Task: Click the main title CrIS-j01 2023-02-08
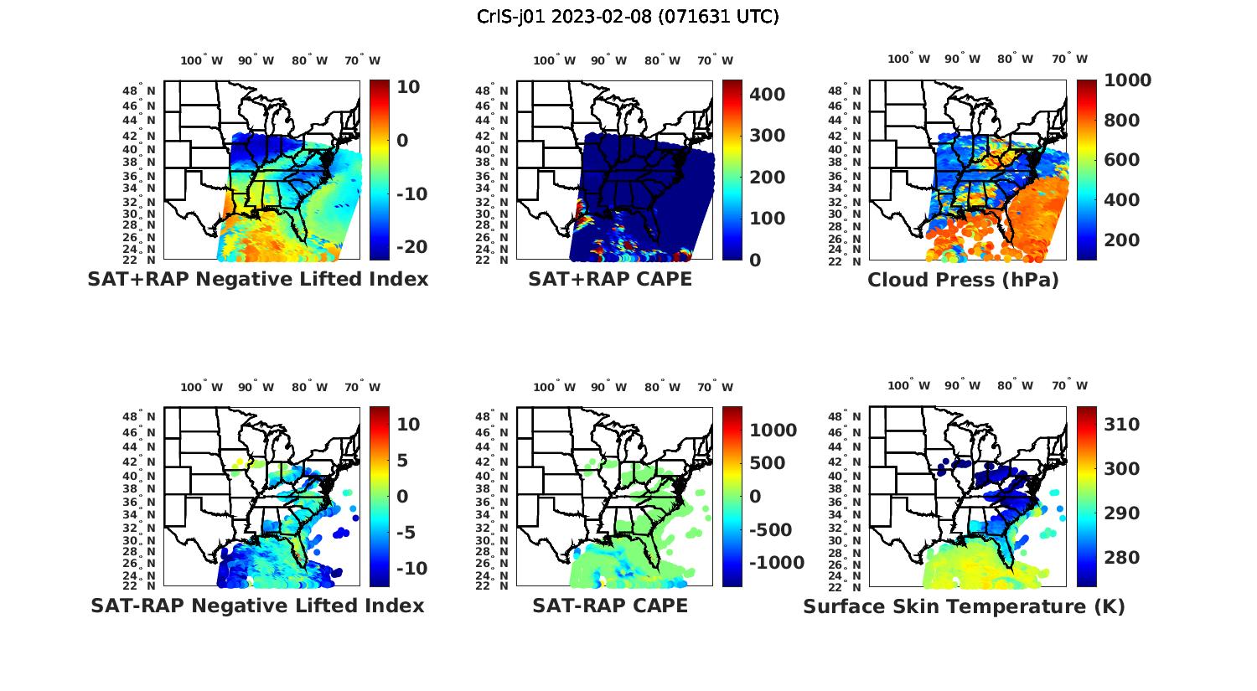pyautogui.click(x=628, y=17)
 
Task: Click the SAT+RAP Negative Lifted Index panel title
pyautogui.click(x=258, y=280)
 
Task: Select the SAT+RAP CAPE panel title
pyautogui.click(x=610, y=280)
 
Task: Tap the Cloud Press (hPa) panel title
pyautogui.click(x=963, y=281)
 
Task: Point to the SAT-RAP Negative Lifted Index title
pyautogui.click(x=257, y=606)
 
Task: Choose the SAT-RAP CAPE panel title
pyautogui.click(x=610, y=606)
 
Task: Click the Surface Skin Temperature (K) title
pyautogui.click(x=964, y=606)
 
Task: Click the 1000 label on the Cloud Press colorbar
pyautogui.click(x=1127, y=80)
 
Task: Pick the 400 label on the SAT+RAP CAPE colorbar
pyautogui.click(x=768, y=95)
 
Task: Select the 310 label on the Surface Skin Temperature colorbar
pyautogui.click(x=1121, y=425)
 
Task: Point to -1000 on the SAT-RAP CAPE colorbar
pyautogui.click(x=777, y=563)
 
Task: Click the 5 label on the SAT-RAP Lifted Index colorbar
pyautogui.click(x=402, y=461)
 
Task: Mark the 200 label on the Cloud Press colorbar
pyautogui.click(x=1121, y=240)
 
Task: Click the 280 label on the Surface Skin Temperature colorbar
pyautogui.click(x=1121, y=558)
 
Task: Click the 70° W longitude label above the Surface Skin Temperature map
pyautogui.click(x=1069, y=386)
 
